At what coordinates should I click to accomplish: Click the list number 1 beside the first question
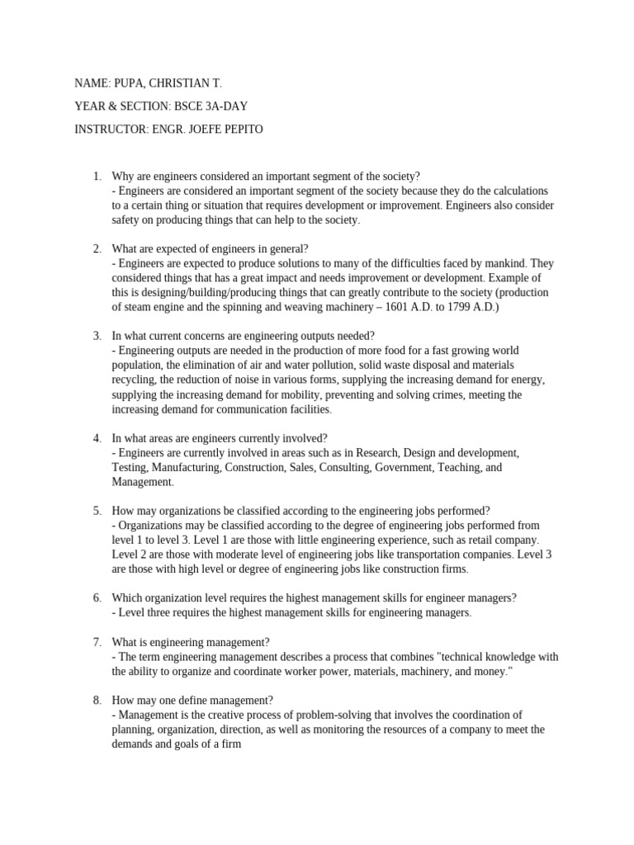(x=97, y=176)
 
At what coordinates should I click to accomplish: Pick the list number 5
(x=97, y=510)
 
